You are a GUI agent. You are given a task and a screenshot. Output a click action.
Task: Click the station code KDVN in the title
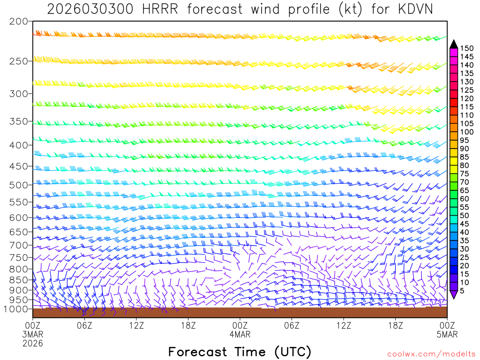(412, 9)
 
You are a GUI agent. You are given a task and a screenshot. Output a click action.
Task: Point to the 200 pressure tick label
(18, 22)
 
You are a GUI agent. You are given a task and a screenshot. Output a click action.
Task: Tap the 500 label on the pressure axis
(18, 185)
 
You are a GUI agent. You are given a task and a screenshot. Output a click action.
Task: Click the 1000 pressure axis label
(15, 309)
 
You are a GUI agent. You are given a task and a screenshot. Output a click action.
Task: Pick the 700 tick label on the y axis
(18, 245)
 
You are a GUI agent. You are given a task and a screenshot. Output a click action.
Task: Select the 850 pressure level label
(18, 280)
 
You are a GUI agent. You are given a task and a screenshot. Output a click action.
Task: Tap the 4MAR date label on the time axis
(240, 334)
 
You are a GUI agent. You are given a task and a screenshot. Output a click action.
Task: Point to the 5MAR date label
(447, 334)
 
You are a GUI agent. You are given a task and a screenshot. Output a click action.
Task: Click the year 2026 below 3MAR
(33, 343)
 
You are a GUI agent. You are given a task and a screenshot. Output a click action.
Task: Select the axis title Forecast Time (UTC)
(240, 352)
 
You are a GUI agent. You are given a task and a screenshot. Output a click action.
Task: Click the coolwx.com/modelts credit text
(431, 354)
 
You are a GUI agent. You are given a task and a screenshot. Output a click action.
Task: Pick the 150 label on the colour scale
(466, 48)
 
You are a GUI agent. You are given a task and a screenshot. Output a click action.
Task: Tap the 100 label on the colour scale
(466, 132)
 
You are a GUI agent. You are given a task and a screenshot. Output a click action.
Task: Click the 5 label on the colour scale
(462, 291)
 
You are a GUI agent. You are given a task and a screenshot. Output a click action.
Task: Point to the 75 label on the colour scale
(464, 174)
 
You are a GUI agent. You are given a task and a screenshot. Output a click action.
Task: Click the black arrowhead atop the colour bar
(453, 44)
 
